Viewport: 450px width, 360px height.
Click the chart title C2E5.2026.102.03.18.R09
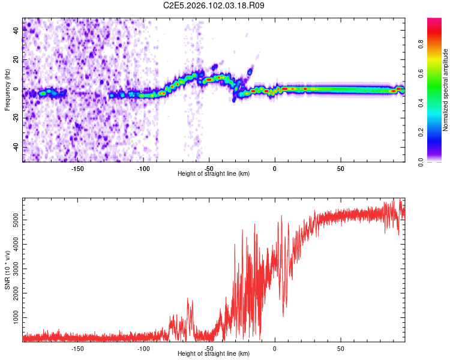214,5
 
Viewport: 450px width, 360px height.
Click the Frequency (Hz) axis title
7,89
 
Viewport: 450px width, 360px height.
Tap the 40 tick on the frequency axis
16,31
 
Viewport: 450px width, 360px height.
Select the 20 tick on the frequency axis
16,60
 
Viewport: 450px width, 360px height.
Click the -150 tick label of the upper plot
77,168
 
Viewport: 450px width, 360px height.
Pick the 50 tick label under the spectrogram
340,168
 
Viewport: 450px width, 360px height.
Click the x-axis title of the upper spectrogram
214,174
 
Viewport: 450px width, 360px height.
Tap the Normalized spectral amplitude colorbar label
445,90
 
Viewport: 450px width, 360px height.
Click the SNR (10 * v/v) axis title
7,269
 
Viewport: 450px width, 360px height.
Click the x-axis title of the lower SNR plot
214,354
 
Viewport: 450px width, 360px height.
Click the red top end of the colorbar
434,22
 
